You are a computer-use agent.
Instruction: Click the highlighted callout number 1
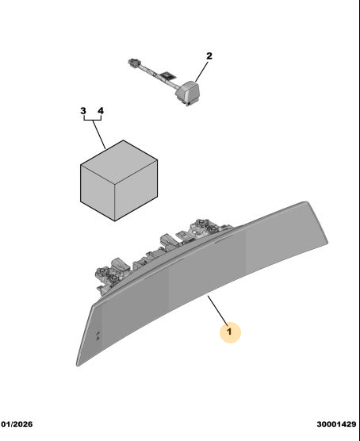pyautogui.click(x=229, y=332)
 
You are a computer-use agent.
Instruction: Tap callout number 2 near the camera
pyautogui.click(x=209, y=56)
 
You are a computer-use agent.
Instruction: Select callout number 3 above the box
pyautogui.click(x=83, y=110)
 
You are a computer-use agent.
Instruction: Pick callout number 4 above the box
pyautogui.click(x=101, y=110)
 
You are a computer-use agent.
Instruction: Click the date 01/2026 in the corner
pyautogui.click(x=17, y=424)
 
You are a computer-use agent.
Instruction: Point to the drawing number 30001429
pyautogui.click(x=336, y=424)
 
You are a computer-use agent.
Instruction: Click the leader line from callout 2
pyautogui.click(x=201, y=71)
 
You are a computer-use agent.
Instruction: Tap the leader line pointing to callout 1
pyautogui.click(x=217, y=310)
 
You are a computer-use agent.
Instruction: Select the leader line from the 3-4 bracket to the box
pyautogui.click(x=99, y=134)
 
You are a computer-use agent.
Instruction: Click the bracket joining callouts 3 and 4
pyautogui.click(x=93, y=120)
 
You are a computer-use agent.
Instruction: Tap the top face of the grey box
pyautogui.click(x=119, y=159)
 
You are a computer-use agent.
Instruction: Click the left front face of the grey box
pyautogui.click(x=98, y=193)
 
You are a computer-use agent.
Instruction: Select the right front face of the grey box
pyautogui.click(x=136, y=190)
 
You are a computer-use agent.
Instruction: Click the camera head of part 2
pyautogui.click(x=189, y=92)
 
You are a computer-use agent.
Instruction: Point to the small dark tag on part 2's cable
pyautogui.click(x=167, y=75)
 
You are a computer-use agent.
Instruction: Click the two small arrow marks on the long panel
pyautogui.click(x=98, y=336)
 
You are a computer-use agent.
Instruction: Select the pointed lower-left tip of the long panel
pyautogui.click(x=78, y=365)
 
